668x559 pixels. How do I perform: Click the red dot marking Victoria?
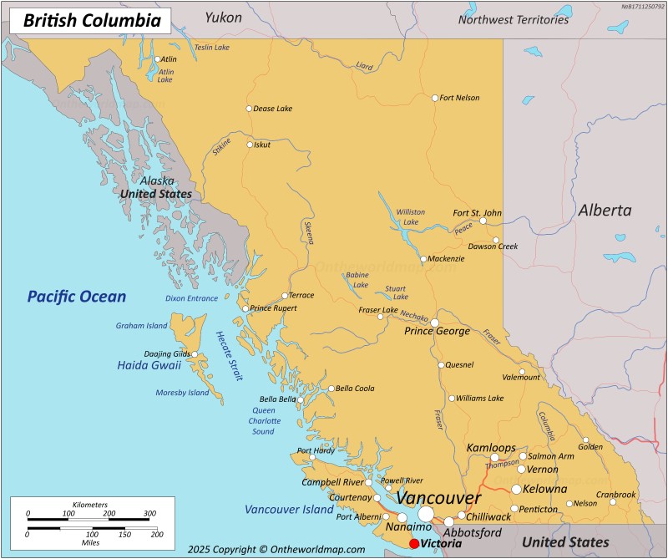414,543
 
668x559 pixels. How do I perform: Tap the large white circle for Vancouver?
427,513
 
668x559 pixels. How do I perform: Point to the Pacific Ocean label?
76,297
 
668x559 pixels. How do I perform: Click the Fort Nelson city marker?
435,98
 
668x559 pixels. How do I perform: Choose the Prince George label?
438,332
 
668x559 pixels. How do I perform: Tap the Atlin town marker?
157,59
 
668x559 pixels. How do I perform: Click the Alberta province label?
605,211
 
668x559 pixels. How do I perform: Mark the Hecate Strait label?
228,356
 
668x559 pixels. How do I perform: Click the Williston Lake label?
410,217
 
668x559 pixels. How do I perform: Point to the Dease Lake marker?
248,109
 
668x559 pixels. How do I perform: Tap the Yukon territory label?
223,18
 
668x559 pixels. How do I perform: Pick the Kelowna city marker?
516,489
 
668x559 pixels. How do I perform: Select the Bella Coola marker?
331,389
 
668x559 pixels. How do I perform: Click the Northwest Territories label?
514,19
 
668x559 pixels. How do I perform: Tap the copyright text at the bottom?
276,549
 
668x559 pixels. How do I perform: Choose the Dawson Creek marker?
495,241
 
